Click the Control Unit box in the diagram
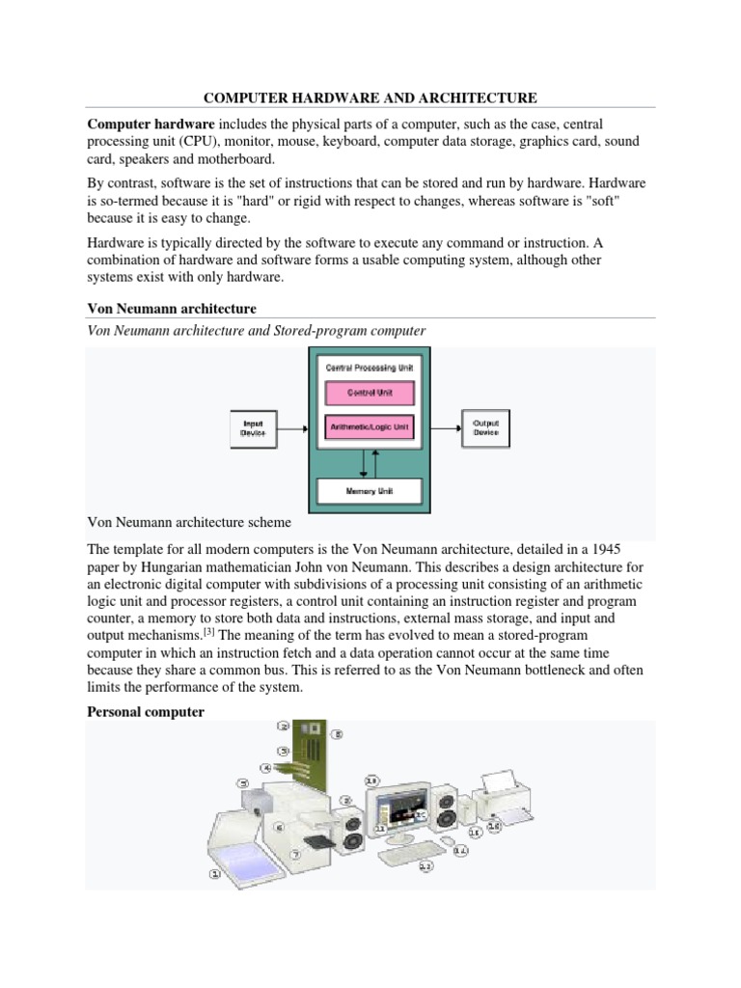tap(367, 394)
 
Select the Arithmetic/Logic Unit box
tap(367, 425)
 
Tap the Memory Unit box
tap(367, 492)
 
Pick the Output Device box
tap(485, 426)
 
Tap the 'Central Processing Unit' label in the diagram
tap(367, 368)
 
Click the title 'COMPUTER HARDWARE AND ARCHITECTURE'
tap(370, 97)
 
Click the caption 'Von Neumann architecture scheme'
tap(188, 523)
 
